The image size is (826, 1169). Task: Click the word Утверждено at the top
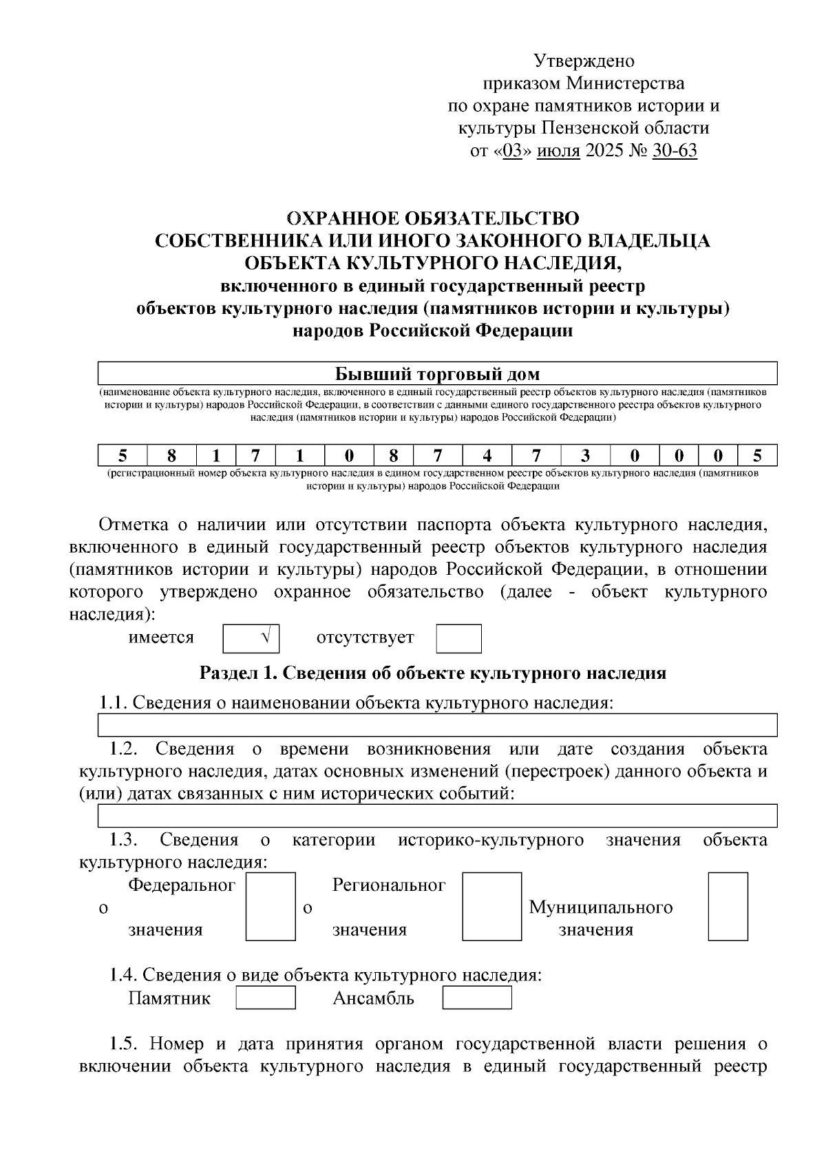pyautogui.click(x=584, y=61)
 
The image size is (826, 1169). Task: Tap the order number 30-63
pyautogui.click(x=674, y=151)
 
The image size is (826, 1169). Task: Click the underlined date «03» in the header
pyautogui.click(x=513, y=151)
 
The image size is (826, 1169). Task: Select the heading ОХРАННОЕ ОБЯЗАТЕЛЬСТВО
pyautogui.click(x=432, y=219)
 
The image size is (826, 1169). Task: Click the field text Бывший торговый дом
pyautogui.click(x=437, y=374)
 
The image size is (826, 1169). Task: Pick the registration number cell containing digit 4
pyautogui.click(x=487, y=456)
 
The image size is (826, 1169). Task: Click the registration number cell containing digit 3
pyautogui.click(x=585, y=456)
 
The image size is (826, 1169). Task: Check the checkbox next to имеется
pyautogui.click(x=251, y=638)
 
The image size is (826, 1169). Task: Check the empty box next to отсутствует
pyautogui.click(x=458, y=638)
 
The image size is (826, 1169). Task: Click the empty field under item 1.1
pyautogui.click(x=437, y=725)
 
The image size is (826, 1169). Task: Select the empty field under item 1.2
pyautogui.click(x=437, y=815)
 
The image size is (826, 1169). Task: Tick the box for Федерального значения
pyautogui.click(x=271, y=906)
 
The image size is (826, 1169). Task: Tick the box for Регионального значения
pyautogui.click(x=491, y=906)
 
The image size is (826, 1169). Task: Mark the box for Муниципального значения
pyautogui.click(x=728, y=906)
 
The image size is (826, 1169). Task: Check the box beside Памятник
pyautogui.click(x=266, y=998)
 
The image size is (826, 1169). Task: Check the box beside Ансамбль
pyautogui.click(x=476, y=998)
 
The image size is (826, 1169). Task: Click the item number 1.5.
pyautogui.click(x=123, y=1044)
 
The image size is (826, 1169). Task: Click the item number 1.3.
pyautogui.click(x=123, y=840)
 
